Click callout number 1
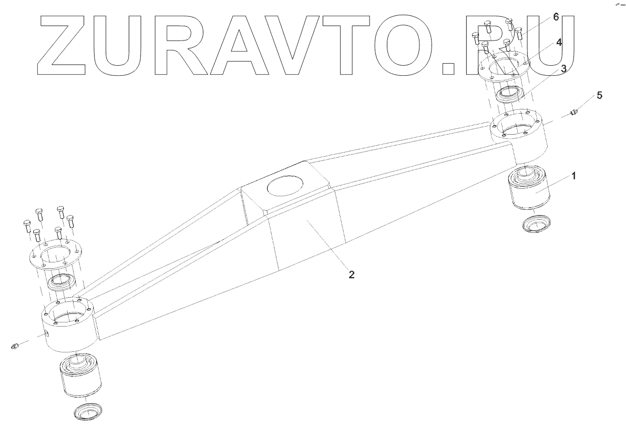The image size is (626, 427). point(574,176)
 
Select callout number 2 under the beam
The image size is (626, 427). point(352,274)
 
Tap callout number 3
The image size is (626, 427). point(563,68)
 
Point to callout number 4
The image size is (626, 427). point(559,43)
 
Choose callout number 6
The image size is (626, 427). point(556,17)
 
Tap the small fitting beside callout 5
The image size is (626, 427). point(574,112)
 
